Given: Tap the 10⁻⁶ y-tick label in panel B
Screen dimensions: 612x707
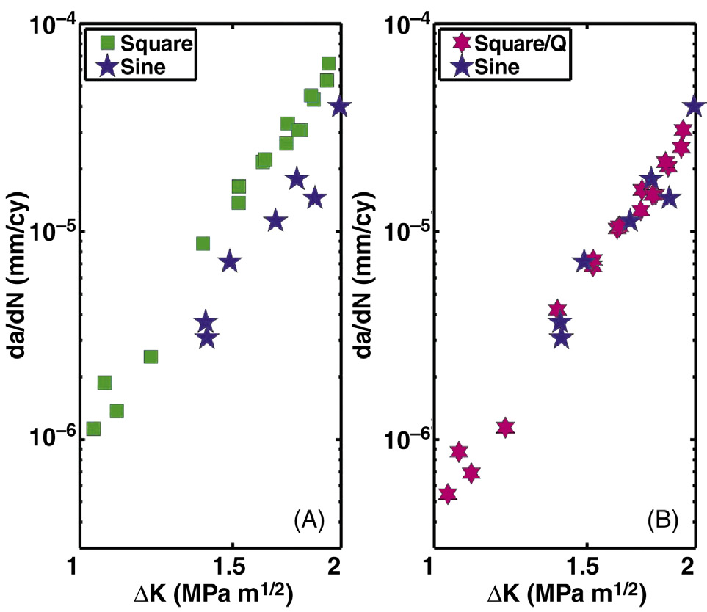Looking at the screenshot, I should click(x=405, y=440).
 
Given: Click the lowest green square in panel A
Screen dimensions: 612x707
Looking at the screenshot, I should click(x=93, y=429).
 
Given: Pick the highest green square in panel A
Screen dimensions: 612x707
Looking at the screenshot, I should click(x=328, y=64).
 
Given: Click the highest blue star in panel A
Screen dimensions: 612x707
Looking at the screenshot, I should click(x=338, y=106).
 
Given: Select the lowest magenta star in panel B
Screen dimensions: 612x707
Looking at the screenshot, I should click(x=447, y=494).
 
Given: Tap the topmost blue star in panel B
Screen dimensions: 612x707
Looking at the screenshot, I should click(x=693, y=106).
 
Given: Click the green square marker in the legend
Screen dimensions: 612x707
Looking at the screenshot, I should click(x=109, y=44).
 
